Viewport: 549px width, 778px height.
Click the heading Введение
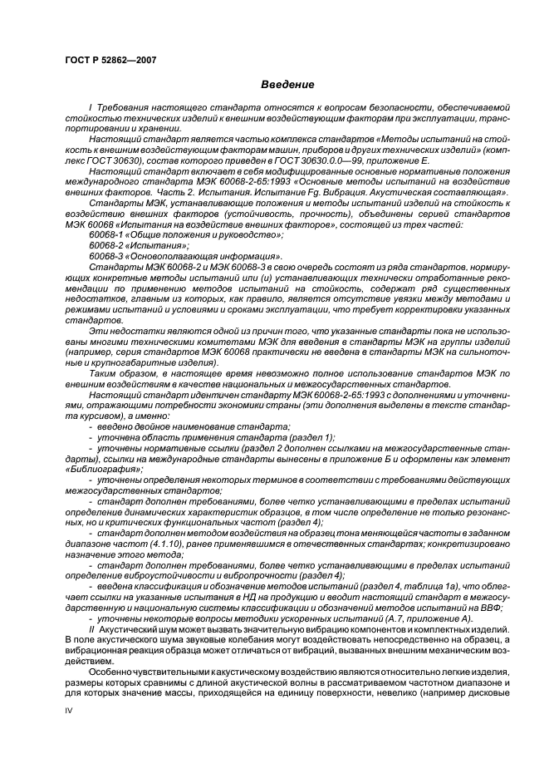pyautogui.click(x=287, y=86)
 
